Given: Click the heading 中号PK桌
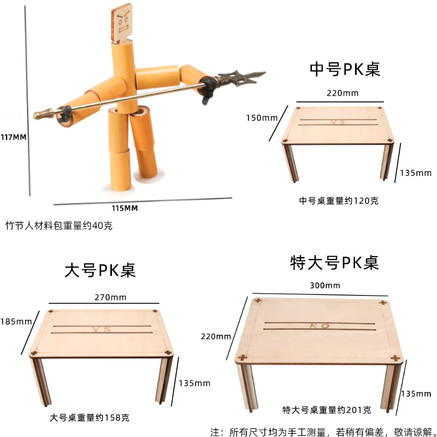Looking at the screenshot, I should tap(345, 69).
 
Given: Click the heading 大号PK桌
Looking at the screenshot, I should tap(100, 270).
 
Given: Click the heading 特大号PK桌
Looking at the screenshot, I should tap(334, 263).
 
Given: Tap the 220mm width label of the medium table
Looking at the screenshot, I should tap(342, 93).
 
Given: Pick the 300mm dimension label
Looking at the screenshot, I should tap(324, 285).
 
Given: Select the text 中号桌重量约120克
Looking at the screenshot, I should tap(339, 200).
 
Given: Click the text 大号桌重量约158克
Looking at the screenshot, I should tap(90, 418).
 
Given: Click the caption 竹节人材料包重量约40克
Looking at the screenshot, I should tap(59, 225).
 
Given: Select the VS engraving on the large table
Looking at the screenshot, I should tap(101, 329).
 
